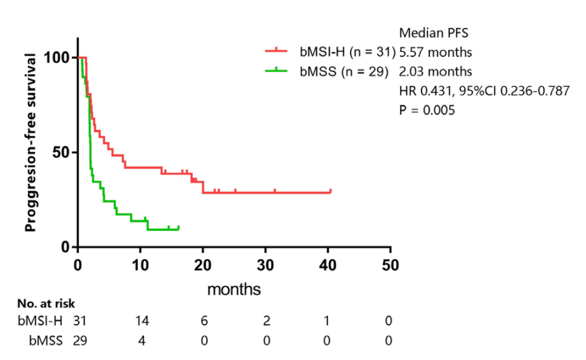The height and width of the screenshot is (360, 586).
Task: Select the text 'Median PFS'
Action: click(x=434, y=34)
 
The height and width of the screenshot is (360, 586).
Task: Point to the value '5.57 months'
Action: click(x=435, y=53)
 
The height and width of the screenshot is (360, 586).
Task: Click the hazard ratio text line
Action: click(x=484, y=91)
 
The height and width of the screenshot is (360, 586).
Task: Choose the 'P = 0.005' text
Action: click(x=427, y=110)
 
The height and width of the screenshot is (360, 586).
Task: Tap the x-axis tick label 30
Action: click(x=265, y=266)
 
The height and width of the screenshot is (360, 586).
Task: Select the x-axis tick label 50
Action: click(x=390, y=266)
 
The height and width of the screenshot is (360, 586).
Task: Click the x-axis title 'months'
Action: click(x=234, y=289)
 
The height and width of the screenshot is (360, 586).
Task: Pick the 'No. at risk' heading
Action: click(x=47, y=304)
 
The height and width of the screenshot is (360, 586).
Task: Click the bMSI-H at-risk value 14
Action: click(x=142, y=321)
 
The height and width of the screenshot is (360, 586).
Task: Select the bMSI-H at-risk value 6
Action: click(x=203, y=321)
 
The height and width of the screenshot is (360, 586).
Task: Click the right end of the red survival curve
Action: click(x=330, y=191)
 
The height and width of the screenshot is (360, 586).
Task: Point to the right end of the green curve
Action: click(x=179, y=228)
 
